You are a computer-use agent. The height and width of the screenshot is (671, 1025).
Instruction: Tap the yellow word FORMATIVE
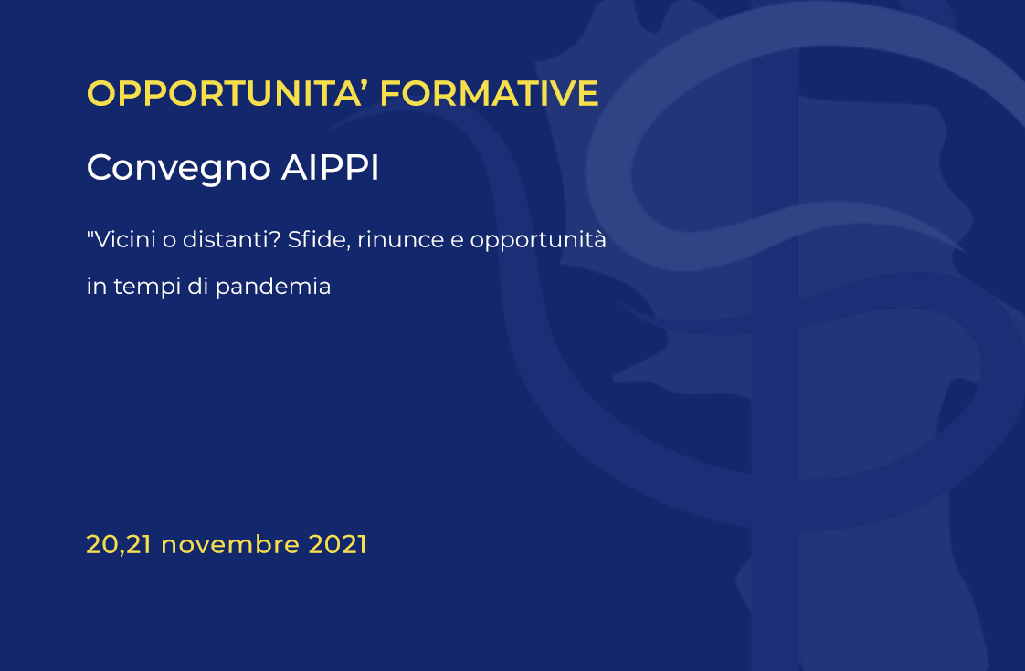(x=489, y=93)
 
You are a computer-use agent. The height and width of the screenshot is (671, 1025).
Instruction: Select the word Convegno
(x=178, y=169)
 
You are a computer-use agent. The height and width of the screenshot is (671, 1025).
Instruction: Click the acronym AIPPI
(x=330, y=167)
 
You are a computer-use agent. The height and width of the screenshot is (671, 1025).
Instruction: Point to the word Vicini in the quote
(x=125, y=239)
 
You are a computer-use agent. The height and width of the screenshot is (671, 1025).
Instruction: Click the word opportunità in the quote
(x=538, y=241)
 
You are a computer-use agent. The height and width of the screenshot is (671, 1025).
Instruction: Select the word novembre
(x=230, y=545)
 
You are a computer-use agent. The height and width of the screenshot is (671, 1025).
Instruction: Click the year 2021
(x=337, y=545)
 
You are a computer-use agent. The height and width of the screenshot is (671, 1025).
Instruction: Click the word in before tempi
(x=97, y=286)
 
